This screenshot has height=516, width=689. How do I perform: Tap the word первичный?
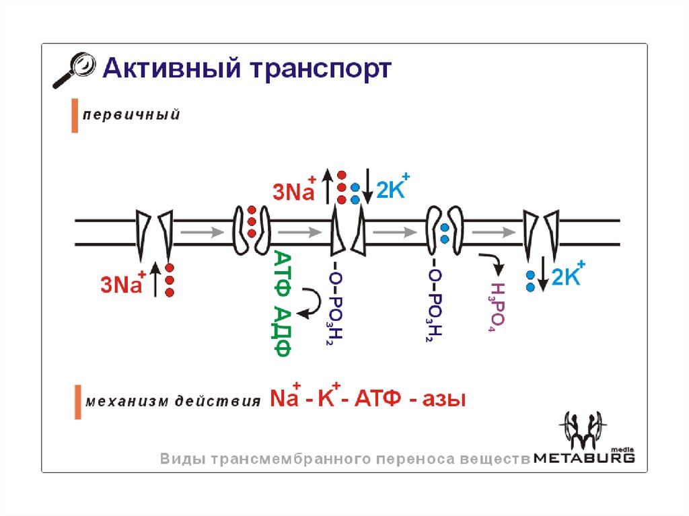pyautogui.click(x=131, y=115)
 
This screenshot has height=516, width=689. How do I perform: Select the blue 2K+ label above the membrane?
pyautogui.click(x=393, y=189)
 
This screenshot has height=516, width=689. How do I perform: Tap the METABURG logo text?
pyautogui.click(x=584, y=457)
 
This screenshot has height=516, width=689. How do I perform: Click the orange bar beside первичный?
pyautogui.click(x=75, y=116)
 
